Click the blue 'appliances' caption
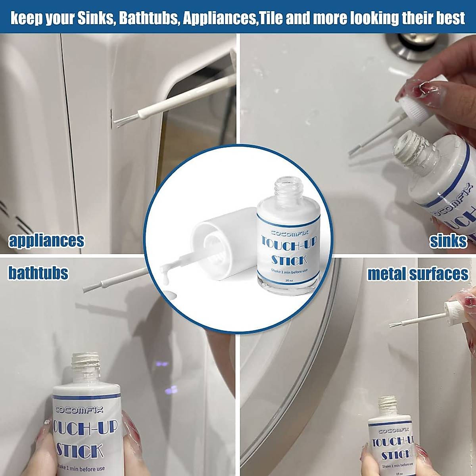(x=46, y=240)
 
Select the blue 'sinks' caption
(x=448, y=240)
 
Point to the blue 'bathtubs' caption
(x=38, y=273)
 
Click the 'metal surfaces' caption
(x=418, y=274)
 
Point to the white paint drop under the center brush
(x=170, y=296)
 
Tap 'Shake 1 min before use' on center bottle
(x=289, y=271)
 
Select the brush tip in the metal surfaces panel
(x=395, y=324)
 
